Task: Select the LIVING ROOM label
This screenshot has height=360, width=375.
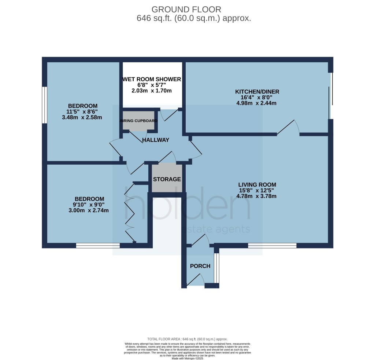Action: [257, 184]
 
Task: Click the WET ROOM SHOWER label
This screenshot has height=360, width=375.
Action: [152, 79]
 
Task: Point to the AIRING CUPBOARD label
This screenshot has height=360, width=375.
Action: [139, 121]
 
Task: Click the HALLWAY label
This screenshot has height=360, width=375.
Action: [156, 140]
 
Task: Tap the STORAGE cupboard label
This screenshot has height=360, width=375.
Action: [167, 179]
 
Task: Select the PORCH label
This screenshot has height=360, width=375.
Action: [200, 266]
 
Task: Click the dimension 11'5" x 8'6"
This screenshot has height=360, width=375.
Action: [82, 112]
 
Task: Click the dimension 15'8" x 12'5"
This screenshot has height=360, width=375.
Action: [256, 190]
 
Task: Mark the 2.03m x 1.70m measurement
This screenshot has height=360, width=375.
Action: [152, 91]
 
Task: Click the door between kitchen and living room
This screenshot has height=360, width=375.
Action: [289, 128]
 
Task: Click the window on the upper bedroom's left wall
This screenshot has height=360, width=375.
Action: [44, 105]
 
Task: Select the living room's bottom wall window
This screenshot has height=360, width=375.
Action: [272, 246]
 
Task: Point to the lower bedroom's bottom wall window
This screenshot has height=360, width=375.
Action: [98, 246]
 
